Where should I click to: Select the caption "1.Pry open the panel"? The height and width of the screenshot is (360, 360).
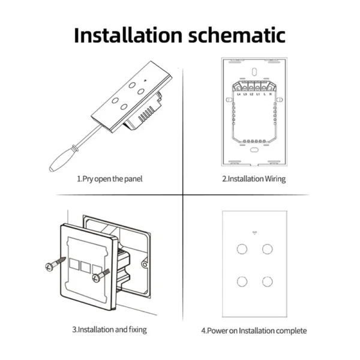[109, 178]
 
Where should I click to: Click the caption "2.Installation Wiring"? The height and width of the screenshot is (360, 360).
[253, 178]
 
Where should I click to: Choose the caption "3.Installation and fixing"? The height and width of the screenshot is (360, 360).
[109, 329]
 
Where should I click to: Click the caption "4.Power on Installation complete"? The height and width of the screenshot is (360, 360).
[254, 330]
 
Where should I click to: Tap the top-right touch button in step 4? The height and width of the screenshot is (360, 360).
[266, 248]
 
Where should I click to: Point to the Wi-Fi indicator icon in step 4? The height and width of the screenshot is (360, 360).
[254, 231]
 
